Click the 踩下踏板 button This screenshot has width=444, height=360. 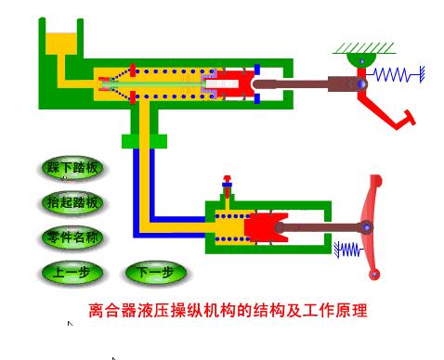tap(72, 169)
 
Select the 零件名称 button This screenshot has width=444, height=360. tap(72, 238)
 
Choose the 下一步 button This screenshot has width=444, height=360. tap(155, 273)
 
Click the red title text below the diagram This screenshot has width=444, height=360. tap(228, 310)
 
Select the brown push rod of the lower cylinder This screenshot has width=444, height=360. tap(320, 226)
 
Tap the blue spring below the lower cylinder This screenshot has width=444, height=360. tap(348, 249)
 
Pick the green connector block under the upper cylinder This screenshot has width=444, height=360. tap(141, 141)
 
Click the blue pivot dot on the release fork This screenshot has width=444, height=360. tap(368, 226)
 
